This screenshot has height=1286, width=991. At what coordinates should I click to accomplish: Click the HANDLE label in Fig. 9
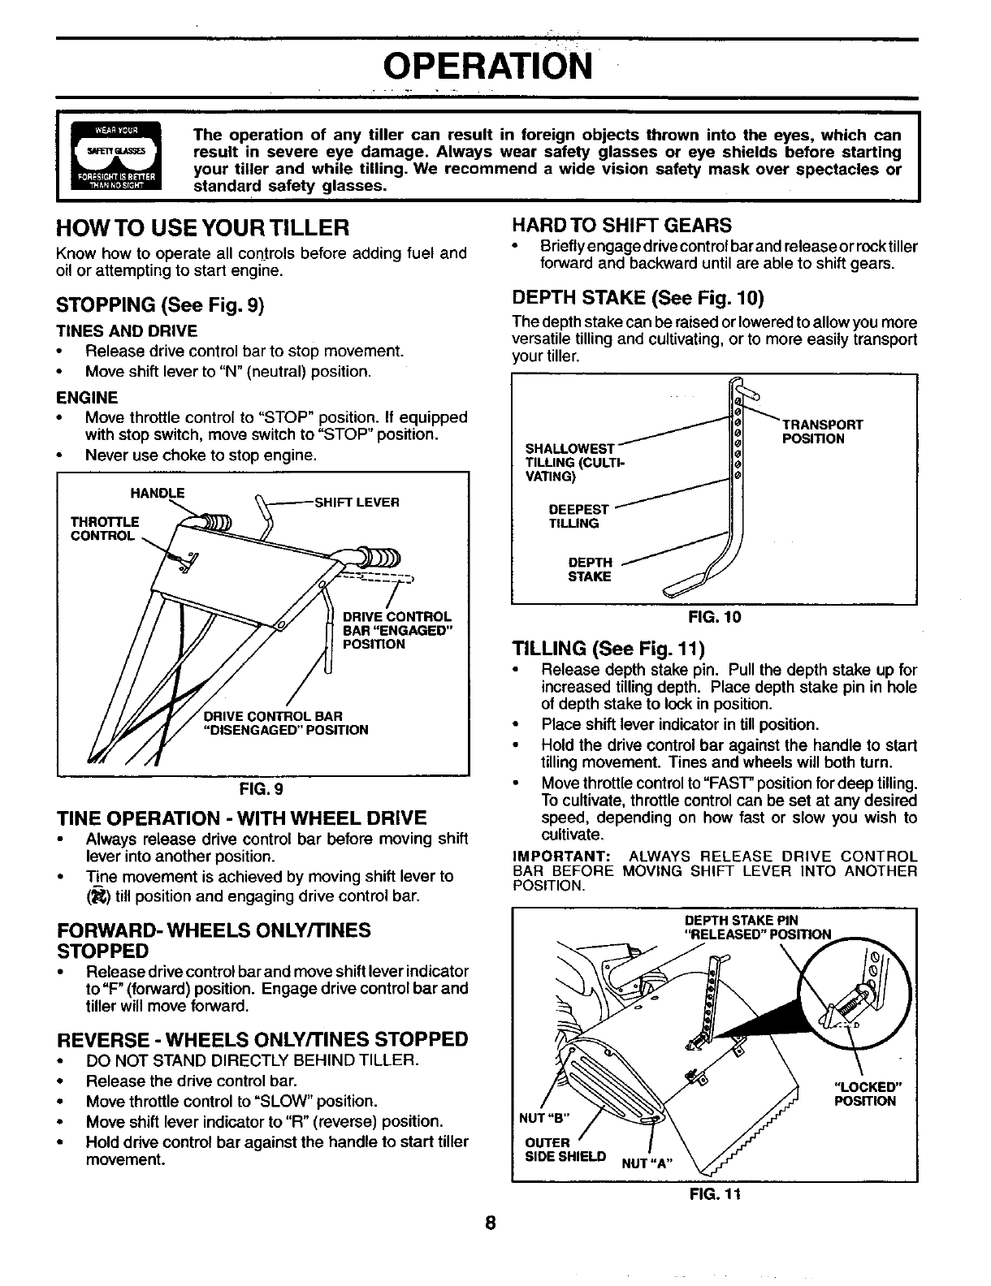[x=158, y=493]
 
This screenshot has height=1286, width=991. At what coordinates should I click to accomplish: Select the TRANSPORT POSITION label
[x=821, y=432]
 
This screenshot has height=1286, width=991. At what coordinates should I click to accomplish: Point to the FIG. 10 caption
[x=714, y=617]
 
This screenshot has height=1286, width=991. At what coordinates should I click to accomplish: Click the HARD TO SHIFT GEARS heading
[x=621, y=225]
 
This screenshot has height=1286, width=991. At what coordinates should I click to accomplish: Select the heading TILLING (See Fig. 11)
[x=608, y=649]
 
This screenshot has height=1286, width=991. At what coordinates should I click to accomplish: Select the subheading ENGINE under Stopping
[x=87, y=397]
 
